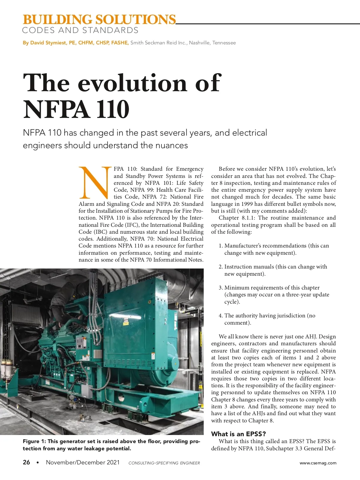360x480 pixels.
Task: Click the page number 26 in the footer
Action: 26,462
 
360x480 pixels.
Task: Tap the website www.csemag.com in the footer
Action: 318,463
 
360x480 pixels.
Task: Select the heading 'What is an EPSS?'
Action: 238,434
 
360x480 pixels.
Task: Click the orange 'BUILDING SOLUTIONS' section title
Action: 99,19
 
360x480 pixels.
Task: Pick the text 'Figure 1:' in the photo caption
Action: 34,441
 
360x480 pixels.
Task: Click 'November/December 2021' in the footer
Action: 82,462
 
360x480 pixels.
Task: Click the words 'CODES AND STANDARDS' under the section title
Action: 80,30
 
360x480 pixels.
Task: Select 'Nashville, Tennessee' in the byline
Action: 212,43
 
